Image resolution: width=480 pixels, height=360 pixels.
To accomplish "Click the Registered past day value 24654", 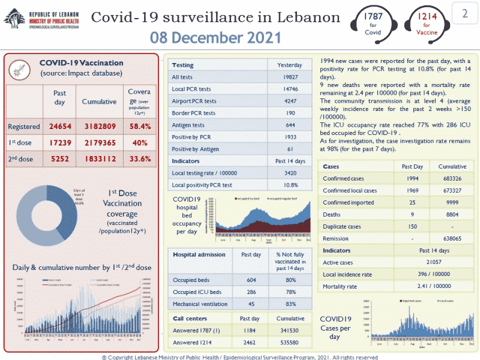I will [x=59, y=127].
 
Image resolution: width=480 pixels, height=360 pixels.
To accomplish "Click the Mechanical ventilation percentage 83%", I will [x=289, y=304].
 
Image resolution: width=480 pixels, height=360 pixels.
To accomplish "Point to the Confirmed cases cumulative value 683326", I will [x=452, y=179].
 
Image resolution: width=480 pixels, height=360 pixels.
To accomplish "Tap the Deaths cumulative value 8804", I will [x=452, y=214].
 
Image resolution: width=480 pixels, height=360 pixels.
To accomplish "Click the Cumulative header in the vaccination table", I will [x=99, y=101].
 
